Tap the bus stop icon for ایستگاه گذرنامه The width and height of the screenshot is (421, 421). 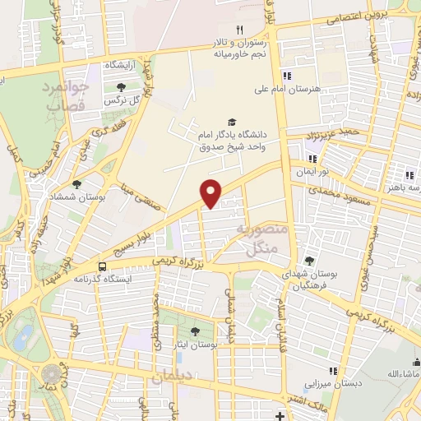coord(102,266)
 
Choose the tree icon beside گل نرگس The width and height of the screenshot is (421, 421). coord(121,86)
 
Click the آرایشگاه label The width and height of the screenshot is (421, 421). coord(120,64)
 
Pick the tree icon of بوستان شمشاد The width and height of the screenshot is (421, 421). coord(77,184)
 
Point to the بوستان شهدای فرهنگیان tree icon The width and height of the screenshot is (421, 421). coord(309,261)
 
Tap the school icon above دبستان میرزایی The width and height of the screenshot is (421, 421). coord(333,371)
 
